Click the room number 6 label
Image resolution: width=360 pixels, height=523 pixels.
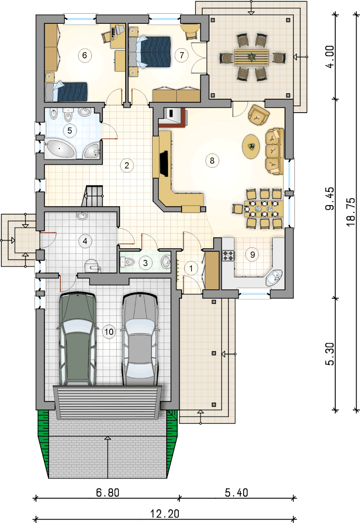point(85,56)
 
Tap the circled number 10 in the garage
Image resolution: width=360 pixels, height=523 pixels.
point(109,332)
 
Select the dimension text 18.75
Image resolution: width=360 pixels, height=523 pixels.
point(351,212)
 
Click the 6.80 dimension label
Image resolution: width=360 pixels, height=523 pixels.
point(108,493)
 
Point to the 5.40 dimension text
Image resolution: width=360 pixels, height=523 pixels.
point(236,493)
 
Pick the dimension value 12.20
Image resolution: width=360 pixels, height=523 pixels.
point(165,514)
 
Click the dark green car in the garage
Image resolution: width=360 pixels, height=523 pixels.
point(77,339)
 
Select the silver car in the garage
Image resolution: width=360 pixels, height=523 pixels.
point(140,339)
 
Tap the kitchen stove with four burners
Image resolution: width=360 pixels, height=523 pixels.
point(228,255)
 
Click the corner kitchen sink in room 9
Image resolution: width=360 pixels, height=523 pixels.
point(274,278)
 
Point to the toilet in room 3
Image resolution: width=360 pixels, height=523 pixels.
point(127,262)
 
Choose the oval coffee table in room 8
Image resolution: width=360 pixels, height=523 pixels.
point(250,146)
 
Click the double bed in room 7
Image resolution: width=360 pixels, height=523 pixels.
point(150,52)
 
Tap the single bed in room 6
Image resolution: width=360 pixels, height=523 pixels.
point(66,92)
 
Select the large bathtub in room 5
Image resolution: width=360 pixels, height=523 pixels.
point(60,149)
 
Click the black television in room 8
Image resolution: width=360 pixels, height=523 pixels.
point(164,164)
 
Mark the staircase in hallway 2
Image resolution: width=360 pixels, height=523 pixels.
point(93,196)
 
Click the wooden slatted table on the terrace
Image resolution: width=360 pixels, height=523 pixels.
point(252,58)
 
